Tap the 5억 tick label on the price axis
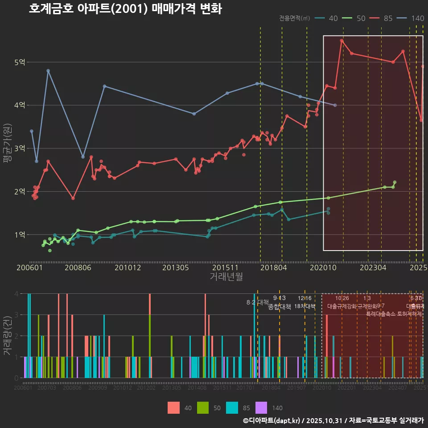(20, 62)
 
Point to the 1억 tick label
(20, 235)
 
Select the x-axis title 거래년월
(226, 277)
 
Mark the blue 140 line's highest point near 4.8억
(48, 71)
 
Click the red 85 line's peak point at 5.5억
(342, 41)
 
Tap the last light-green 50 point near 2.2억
(395, 182)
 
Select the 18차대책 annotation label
(305, 307)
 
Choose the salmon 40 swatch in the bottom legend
(173, 407)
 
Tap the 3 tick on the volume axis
(16, 315)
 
